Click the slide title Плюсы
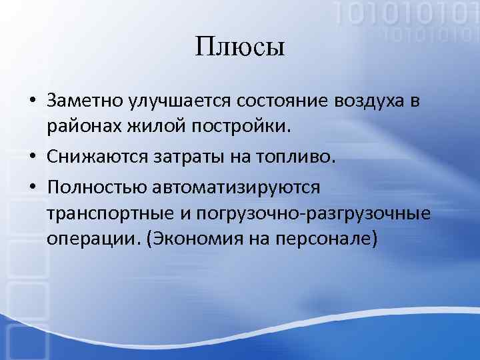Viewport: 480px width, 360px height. coord(240,48)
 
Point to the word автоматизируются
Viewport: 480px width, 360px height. coord(236,187)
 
